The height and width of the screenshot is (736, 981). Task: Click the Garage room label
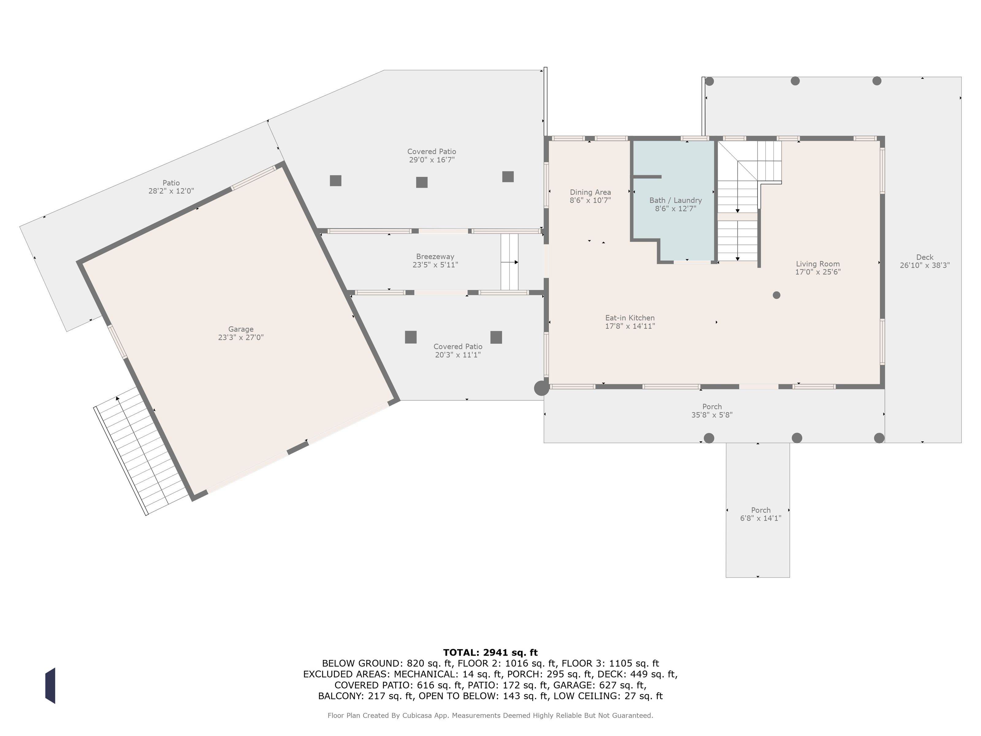241,329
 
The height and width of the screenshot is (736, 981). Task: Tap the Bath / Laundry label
675,201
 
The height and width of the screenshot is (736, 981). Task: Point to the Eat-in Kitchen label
630,318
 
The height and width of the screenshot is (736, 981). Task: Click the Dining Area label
590,193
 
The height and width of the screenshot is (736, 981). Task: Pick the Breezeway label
435,256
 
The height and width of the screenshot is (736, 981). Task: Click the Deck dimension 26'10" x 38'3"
925,265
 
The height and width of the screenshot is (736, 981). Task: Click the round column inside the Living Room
776,295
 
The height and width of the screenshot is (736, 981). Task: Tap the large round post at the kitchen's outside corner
541,388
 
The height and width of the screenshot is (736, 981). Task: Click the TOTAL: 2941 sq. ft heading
490,653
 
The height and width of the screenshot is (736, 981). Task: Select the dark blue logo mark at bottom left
50,685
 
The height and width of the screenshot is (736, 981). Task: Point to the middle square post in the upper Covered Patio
422,182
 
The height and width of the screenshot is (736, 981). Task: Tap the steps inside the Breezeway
510,262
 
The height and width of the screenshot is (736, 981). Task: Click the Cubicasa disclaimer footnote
490,715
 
